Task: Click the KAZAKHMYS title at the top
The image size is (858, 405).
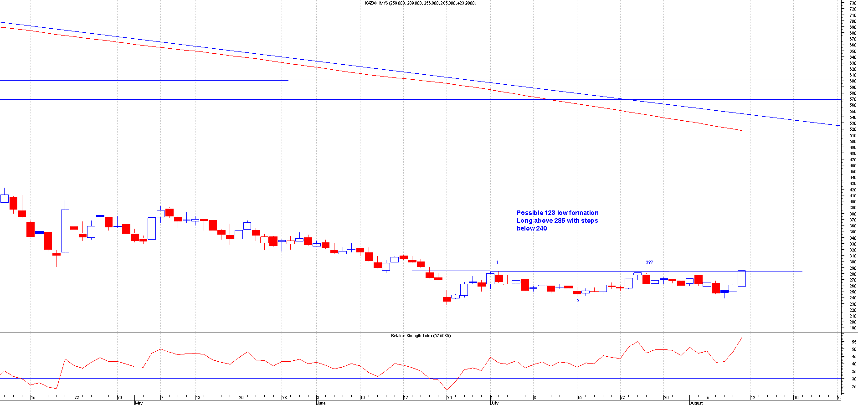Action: click(x=376, y=3)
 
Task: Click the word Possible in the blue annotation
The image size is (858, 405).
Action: click(x=530, y=213)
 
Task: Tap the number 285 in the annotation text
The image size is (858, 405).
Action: click(x=560, y=220)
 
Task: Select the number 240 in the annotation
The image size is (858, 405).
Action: click(x=541, y=228)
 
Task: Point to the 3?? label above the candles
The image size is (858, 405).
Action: click(x=649, y=262)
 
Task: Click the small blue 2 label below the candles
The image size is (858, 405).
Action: click(x=578, y=301)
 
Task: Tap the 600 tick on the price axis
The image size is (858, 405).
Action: click(x=853, y=81)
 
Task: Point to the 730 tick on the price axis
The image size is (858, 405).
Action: click(x=853, y=3)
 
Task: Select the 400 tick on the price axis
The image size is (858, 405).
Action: click(x=853, y=202)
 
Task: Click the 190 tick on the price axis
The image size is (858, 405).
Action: click(x=853, y=328)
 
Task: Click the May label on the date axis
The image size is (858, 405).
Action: click(x=139, y=403)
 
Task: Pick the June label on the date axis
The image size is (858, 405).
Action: click(x=321, y=403)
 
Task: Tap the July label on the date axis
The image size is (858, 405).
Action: click(x=494, y=403)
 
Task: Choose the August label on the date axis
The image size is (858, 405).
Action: click(x=696, y=403)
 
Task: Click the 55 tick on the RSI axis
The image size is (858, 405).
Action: click(x=853, y=342)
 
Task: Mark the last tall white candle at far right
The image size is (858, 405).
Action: click(x=742, y=278)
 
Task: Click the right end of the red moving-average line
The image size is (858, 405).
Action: click(x=741, y=131)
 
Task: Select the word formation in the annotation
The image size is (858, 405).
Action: click(x=583, y=213)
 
